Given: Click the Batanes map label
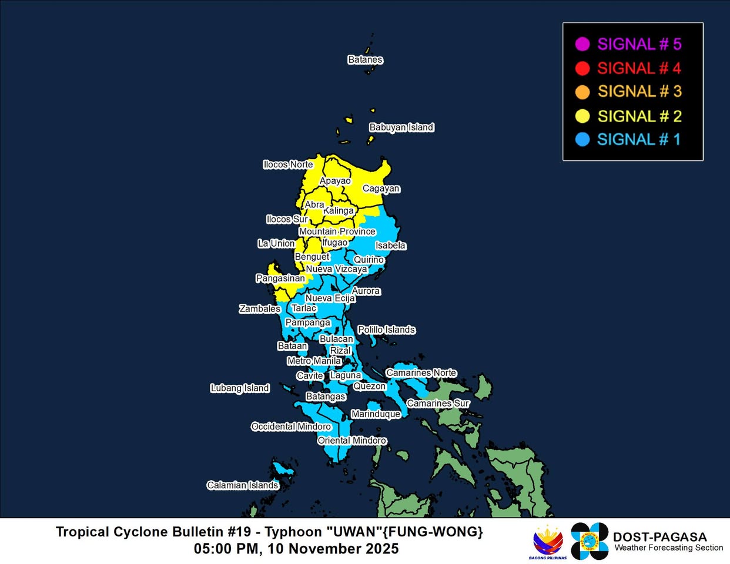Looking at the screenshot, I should click(365, 60).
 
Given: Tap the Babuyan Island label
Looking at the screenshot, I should click(401, 127).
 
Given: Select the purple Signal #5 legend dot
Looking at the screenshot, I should click(582, 44).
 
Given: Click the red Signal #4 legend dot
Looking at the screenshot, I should click(582, 68).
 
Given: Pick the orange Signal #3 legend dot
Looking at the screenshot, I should click(582, 92).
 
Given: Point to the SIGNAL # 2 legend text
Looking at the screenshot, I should click(639, 116).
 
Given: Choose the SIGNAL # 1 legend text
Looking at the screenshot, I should click(639, 140).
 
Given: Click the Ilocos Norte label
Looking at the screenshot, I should click(288, 164).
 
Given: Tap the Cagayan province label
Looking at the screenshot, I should click(381, 189).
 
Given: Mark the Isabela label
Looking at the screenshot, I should click(391, 246).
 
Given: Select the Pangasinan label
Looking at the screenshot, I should click(280, 278).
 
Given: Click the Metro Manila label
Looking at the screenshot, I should click(314, 361).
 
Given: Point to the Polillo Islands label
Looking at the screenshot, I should click(387, 330).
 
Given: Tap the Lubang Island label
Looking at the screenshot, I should click(240, 388).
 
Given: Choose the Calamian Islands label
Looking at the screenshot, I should click(242, 485).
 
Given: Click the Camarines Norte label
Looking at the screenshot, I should click(421, 373).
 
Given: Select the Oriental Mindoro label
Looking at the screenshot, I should click(352, 441).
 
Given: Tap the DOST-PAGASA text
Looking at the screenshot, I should click(659, 537).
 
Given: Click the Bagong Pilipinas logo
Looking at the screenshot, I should click(548, 542).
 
